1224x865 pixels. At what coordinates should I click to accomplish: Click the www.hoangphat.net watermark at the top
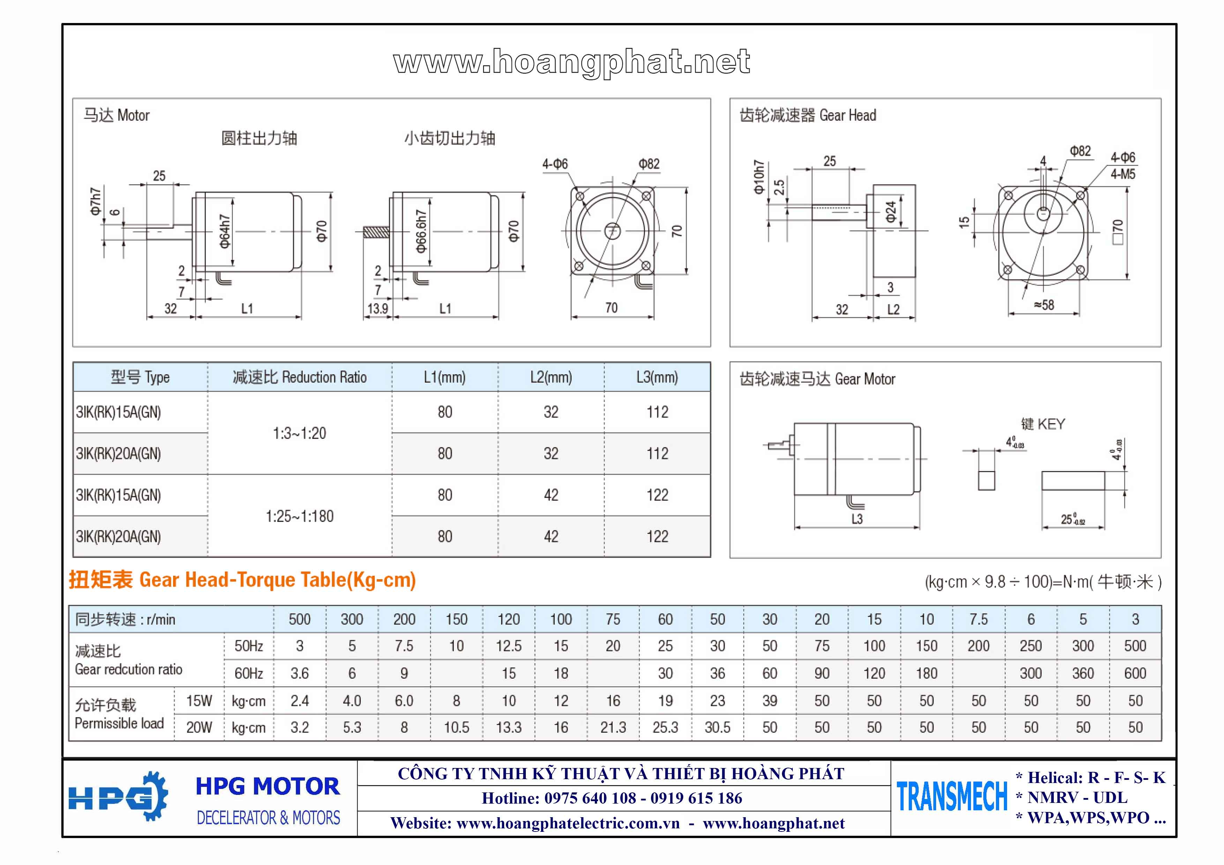[572, 63]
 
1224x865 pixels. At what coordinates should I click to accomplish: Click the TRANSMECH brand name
[952, 797]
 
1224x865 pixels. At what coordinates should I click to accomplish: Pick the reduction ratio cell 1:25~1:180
[300, 516]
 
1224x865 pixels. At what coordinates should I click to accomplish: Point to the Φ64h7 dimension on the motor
[224, 231]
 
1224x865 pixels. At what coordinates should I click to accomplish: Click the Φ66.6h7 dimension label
[421, 231]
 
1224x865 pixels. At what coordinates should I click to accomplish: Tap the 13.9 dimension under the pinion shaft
[378, 308]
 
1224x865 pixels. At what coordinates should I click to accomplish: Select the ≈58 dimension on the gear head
[1044, 305]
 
